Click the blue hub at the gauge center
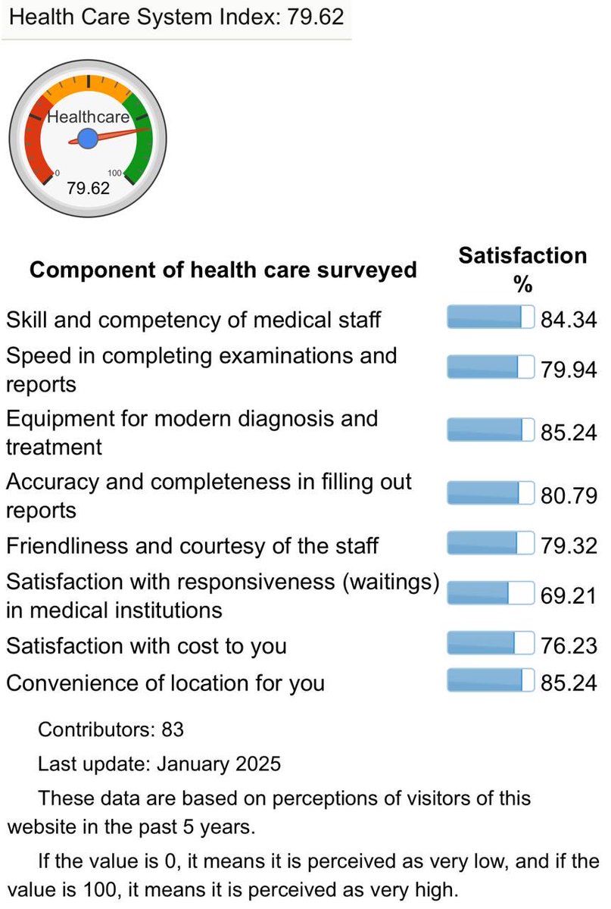tap(87, 139)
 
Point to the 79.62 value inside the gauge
tap(88, 188)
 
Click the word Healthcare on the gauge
tap(88, 117)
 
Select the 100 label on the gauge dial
tap(114, 173)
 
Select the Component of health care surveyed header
tap(223, 270)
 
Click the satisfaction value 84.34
tap(569, 320)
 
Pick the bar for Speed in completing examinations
tap(491, 367)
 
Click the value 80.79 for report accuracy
tap(569, 495)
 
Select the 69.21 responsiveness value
tap(569, 594)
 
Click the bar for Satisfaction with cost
tap(491, 644)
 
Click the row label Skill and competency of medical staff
tap(193, 320)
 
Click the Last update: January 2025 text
tap(159, 764)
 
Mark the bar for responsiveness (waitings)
tap(491, 592)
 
